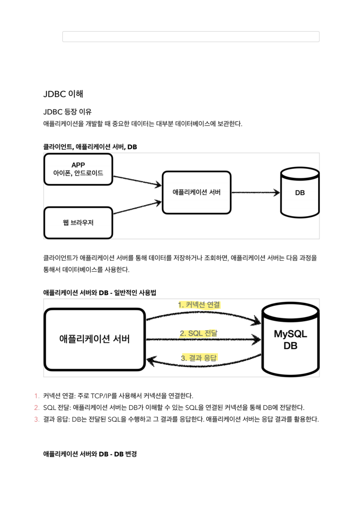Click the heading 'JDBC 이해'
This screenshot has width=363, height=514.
pyautogui.click(x=63, y=94)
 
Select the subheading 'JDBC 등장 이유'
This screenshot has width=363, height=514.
pyautogui.click(x=67, y=112)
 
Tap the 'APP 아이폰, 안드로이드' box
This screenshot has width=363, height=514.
pyautogui.click(x=78, y=169)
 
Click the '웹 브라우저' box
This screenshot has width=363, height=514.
pyautogui.click(x=78, y=223)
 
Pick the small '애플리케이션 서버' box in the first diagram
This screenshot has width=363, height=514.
pyautogui.click(x=196, y=192)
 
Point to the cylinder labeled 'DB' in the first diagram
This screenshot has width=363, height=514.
pyautogui.click(x=300, y=192)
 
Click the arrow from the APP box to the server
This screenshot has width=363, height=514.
pyautogui.click(x=137, y=181)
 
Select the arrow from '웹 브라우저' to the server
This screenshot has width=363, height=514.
pyautogui.click(x=137, y=208)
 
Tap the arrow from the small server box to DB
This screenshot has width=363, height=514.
pyautogui.click(x=255, y=192)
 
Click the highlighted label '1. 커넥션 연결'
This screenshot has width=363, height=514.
pyautogui.click(x=199, y=305)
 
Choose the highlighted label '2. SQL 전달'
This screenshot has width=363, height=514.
pyautogui.click(x=198, y=333)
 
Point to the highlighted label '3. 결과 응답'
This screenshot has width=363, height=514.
pyautogui.click(x=199, y=358)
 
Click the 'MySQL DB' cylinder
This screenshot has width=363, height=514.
pyautogui.click(x=290, y=340)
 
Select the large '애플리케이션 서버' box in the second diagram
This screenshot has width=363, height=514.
pyautogui.click(x=95, y=339)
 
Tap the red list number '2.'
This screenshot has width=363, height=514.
pyautogui.click(x=37, y=408)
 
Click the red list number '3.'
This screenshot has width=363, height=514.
pyautogui.click(x=37, y=419)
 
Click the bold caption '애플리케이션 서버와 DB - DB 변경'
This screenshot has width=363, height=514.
pyautogui.click(x=90, y=454)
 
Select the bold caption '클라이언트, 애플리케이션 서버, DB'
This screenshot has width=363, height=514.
pyautogui.click(x=90, y=147)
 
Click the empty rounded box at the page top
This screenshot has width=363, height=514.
pyautogui.click(x=191, y=37)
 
